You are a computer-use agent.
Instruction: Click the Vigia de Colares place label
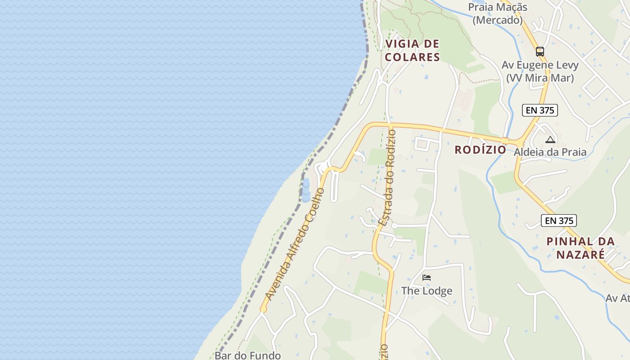tap(412, 50)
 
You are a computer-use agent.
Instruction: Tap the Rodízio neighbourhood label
tap(480, 150)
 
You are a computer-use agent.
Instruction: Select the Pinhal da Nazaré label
tap(580, 247)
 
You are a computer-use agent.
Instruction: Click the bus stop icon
tap(540, 52)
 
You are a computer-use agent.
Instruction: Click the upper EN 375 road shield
tap(540, 110)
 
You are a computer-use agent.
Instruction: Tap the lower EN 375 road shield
tap(559, 220)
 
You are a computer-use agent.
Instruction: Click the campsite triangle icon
tap(550, 139)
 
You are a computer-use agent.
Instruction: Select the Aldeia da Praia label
tap(550, 152)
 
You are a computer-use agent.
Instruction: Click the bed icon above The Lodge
tap(427, 278)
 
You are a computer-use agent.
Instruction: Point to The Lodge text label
tap(427, 291)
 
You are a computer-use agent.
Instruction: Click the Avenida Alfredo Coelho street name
tap(295, 244)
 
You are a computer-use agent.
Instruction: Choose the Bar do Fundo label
tap(247, 355)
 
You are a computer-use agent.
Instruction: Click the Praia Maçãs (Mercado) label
tap(498, 13)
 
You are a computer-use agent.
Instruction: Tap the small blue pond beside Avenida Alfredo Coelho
tap(306, 189)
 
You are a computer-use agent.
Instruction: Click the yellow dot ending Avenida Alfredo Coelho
tap(263, 309)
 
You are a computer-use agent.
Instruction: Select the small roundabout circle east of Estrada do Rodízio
tap(394, 225)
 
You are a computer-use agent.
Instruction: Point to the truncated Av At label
tap(617, 298)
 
